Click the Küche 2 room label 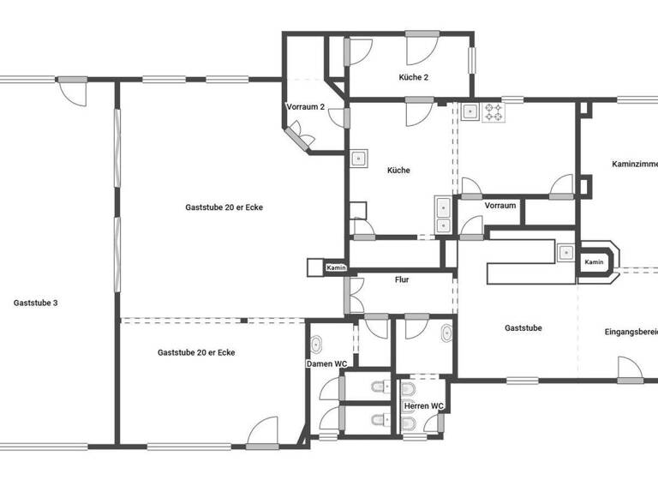point(413,77)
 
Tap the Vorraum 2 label point(305,107)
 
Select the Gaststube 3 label point(36,303)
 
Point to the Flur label point(402,279)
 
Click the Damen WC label point(327,364)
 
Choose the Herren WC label point(424,405)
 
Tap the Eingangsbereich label point(631,332)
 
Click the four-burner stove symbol point(493,111)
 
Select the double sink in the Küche point(443,215)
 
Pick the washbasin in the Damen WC point(316,345)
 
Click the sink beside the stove point(470,111)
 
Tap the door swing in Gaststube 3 point(74,91)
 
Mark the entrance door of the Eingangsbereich point(630,369)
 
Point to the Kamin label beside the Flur point(335,268)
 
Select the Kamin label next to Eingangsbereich point(594,261)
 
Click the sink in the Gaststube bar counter point(565,252)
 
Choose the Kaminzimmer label point(634,163)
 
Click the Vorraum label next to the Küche point(499,206)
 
